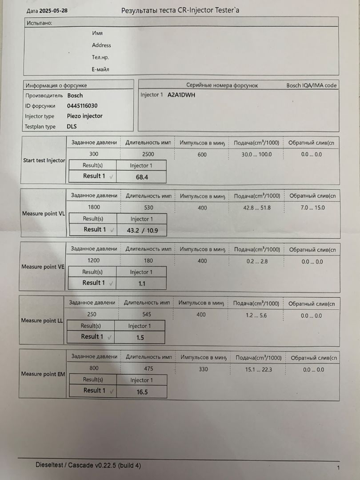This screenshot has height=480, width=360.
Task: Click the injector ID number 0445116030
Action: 82,106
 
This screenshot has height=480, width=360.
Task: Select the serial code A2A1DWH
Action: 181,95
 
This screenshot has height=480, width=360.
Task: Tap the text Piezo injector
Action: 84,116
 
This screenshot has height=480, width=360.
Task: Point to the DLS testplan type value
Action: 72,126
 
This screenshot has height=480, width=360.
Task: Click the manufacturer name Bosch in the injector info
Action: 75,95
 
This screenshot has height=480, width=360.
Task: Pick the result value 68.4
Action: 142,177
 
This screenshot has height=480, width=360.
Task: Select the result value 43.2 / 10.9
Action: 142,231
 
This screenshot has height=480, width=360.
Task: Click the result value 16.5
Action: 142,392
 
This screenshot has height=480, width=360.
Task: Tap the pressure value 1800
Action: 94,207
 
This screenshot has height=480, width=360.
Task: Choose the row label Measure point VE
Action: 43,267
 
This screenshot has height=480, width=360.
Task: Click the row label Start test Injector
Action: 44,160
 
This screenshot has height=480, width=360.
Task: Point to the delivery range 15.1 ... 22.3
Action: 259,370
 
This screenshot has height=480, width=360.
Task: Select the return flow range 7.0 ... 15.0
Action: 312,208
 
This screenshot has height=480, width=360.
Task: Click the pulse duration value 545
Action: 147,314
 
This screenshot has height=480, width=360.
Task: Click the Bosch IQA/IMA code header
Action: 311,85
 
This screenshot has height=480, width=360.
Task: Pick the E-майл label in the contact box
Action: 100,69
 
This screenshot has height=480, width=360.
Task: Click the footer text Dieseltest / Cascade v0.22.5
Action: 88,465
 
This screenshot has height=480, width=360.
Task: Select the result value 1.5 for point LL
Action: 140,338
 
